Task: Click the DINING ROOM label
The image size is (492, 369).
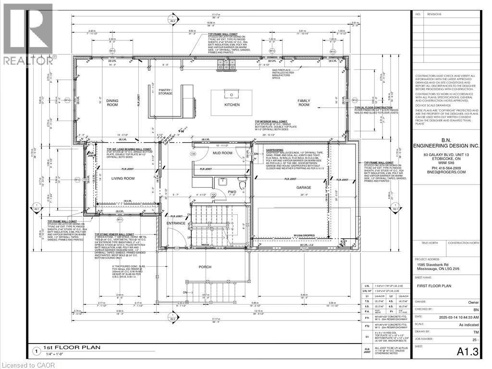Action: [x=112, y=102]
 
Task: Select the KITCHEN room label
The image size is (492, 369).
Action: [x=232, y=105]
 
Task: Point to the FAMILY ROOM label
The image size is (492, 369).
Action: [x=304, y=102]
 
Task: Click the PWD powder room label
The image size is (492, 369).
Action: [x=232, y=191]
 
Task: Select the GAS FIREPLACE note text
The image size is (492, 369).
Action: [x=283, y=73]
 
